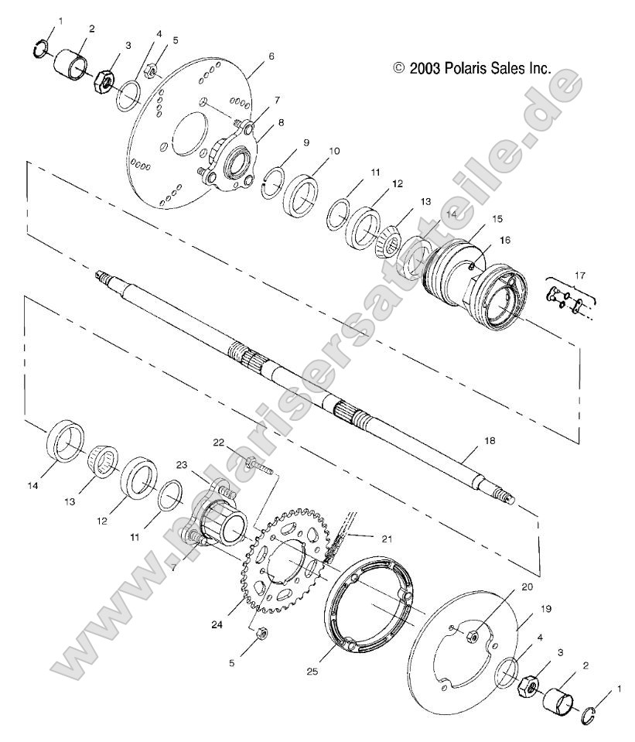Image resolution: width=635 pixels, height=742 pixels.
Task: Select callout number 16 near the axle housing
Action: pyautogui.click(x=504, y=241)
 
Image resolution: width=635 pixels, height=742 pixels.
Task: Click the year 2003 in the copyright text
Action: pyautogui.click(x=425, y=68)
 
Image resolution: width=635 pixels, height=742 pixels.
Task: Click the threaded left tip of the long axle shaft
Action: pyautogui.click(x=101, y=275)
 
